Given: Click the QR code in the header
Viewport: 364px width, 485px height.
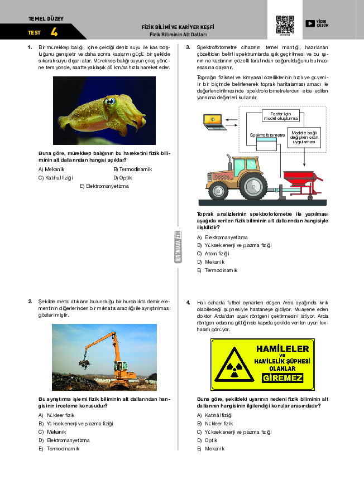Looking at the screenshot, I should [x=285, y=25].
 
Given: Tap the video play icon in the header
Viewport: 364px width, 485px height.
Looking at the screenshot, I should [x=310, y=23].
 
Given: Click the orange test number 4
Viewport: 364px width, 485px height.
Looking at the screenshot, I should [x=54, y=32].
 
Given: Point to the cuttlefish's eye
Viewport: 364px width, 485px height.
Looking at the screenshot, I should [x=110, y=102].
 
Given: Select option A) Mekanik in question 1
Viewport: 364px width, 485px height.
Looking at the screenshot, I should [x=52, y=169].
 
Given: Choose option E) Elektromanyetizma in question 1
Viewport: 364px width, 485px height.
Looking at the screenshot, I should [x=104, y=186].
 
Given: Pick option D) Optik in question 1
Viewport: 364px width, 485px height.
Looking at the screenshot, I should [x=122, y=177].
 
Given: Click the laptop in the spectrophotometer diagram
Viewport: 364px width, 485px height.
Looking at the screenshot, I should [x=212, y=122].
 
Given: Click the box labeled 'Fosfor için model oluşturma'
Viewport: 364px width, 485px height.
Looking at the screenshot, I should [x=281, y=117].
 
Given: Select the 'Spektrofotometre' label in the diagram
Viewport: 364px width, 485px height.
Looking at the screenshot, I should [x=267, y=135].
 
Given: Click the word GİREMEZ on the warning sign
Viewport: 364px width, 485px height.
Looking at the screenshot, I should [x=282, y=378].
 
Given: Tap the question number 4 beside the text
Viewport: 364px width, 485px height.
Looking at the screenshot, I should [x=188, y=302].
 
